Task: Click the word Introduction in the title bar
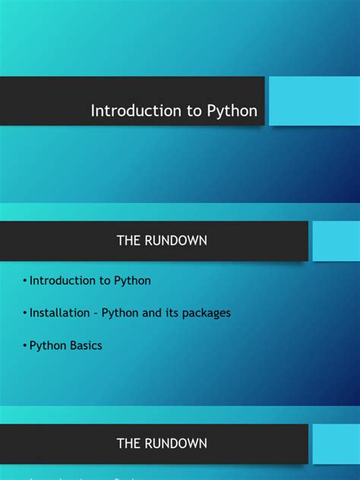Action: point(126,111)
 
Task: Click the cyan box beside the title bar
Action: point(314,101)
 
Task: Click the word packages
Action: point(207,313)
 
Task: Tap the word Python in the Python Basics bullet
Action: point(46,346)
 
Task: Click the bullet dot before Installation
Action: point(25,313)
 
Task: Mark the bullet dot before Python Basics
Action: point(25,346)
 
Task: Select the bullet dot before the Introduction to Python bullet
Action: point(25,281)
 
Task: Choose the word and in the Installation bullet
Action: point(151,312)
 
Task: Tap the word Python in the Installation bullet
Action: point(120,313)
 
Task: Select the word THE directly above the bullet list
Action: point(128,241)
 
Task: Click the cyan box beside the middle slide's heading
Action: point(336,241)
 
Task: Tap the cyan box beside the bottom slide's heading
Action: point(336,443)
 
